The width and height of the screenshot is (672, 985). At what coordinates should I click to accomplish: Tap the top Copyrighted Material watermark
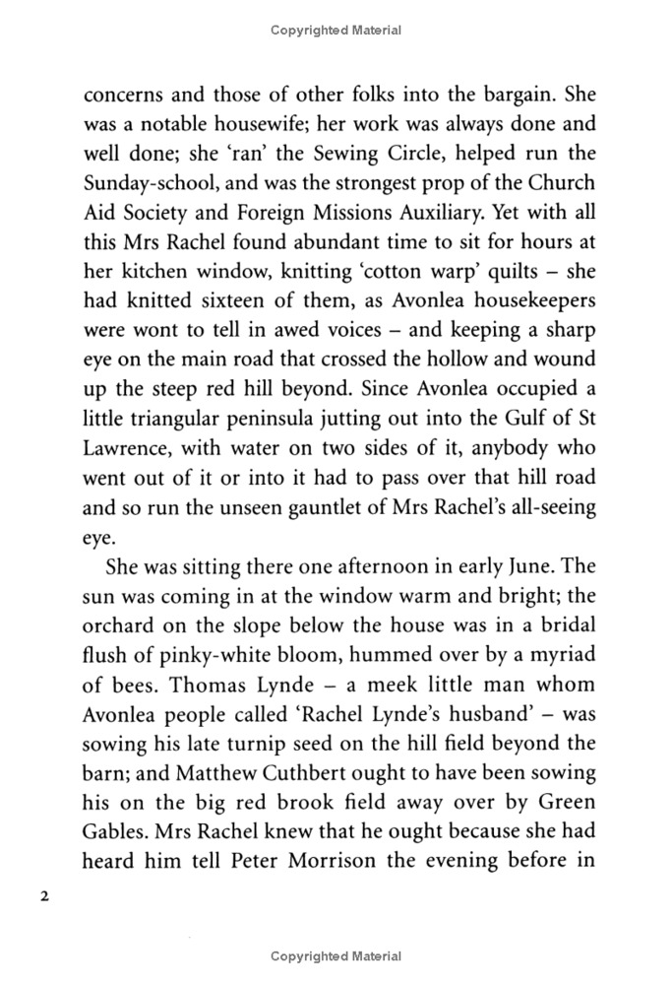click(x=336, y=31)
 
